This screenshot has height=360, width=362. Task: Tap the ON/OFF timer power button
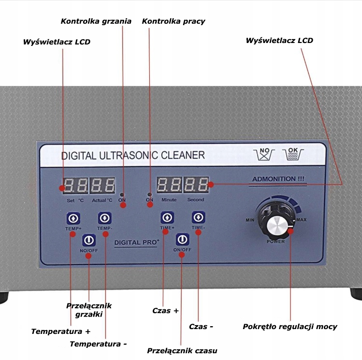[182, 239]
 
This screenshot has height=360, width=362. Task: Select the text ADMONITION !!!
[278, 179]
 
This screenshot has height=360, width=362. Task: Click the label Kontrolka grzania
[96, 21]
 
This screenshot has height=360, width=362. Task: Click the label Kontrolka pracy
[173, 21]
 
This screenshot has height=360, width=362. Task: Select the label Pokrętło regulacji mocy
[290, 327]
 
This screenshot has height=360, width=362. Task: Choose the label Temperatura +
[60, 331]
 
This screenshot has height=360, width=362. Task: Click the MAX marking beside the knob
[301, 220]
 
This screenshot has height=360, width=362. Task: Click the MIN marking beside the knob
[250, 220]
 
